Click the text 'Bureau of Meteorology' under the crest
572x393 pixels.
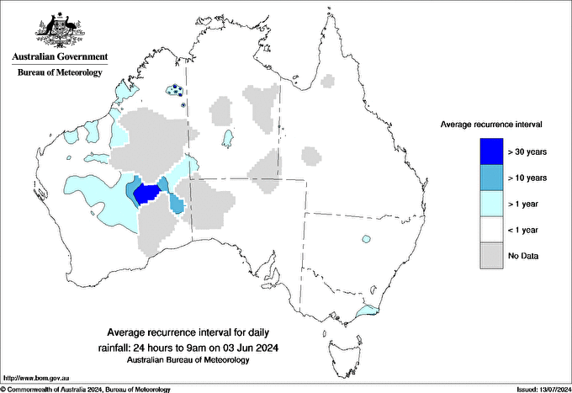[x=59, y=72]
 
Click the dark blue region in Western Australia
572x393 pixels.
[x=148, y=194]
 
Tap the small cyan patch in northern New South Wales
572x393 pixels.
[x=365, y=238]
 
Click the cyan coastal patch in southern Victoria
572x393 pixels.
[x=367, y=311]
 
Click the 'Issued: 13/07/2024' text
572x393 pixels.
[x=537, y=389]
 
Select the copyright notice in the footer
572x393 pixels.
[x=86, y=389]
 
